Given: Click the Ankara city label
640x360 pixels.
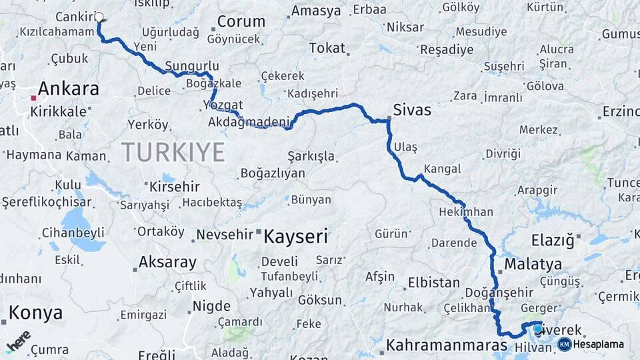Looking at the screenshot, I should tap(69, 89).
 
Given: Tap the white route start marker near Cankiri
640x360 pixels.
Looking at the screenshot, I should tap(99, 17).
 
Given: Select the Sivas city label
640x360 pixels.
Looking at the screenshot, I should tap(412, 110).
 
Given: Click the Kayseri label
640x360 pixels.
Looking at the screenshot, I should tap(296, 236).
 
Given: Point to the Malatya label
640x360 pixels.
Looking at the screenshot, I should tap(533, 264).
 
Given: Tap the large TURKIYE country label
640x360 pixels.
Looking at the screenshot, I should tap(173, 153).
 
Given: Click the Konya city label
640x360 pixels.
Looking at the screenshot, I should tap(35, 313).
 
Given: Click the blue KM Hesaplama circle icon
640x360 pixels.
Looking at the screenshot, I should tap(565, 344).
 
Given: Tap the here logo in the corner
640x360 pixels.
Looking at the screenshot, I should tap(18, 341).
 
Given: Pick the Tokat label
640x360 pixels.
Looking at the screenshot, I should tap(327, 48).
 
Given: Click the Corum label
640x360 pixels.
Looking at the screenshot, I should tap(241, 21).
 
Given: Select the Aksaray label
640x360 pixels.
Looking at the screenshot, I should tap(167, 262).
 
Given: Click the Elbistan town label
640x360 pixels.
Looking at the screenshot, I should tap(433, 282).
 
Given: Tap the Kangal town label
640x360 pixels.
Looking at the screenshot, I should tap(442, 169).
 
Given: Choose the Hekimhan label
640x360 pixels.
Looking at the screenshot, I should tap(466, 212).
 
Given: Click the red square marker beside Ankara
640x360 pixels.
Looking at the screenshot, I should tap(33, 98).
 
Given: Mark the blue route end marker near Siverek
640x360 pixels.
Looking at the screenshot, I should tap(537, 327).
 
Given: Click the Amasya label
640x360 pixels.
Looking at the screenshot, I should tap(316, 11).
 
